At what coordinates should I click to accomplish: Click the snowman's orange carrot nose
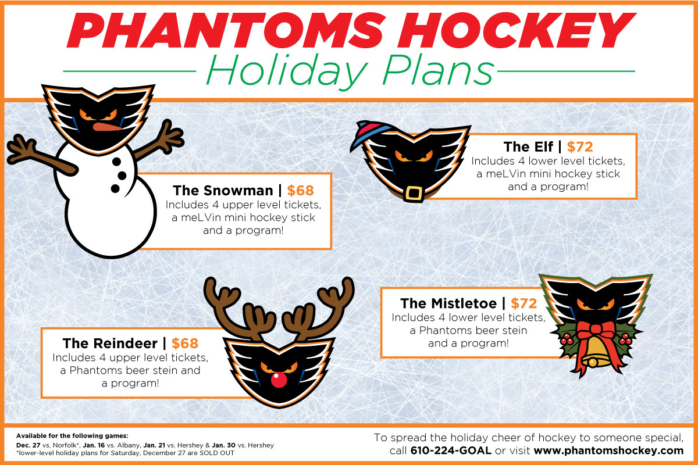107,127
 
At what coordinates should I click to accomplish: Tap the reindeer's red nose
279,380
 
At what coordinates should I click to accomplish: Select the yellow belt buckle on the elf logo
414,194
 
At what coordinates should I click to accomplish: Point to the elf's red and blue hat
371,134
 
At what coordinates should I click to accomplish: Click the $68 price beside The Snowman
300,191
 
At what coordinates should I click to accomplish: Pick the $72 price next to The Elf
580,146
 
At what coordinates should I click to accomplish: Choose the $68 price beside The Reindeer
185,343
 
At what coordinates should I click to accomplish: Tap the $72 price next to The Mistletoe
524,303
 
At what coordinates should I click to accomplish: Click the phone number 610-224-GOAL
451,450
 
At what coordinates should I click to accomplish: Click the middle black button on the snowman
122,176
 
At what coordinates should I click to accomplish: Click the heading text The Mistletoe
448,303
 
